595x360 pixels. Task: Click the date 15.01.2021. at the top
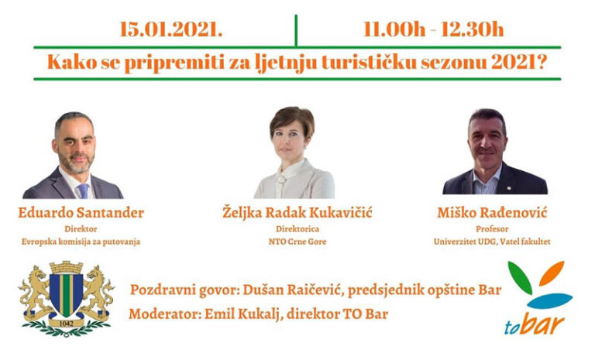[170, 29]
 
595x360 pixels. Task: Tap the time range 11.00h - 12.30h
[433, 29]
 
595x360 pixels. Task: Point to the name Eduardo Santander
[81, 212]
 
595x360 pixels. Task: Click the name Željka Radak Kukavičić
[297, 212]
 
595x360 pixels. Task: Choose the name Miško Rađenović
[492, 212]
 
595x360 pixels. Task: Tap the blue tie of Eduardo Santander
[83, 190]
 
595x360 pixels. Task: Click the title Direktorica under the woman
[297, 228]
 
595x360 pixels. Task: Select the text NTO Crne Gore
[297, 242]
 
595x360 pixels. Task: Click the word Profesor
[492, 228]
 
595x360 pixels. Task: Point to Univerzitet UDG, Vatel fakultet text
[492, 242]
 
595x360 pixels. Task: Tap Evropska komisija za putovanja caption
[81, 242]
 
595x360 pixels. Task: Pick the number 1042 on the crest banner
[67, 324]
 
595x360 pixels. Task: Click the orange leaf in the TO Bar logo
[552, 273]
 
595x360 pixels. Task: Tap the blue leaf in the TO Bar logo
[549, 300]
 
